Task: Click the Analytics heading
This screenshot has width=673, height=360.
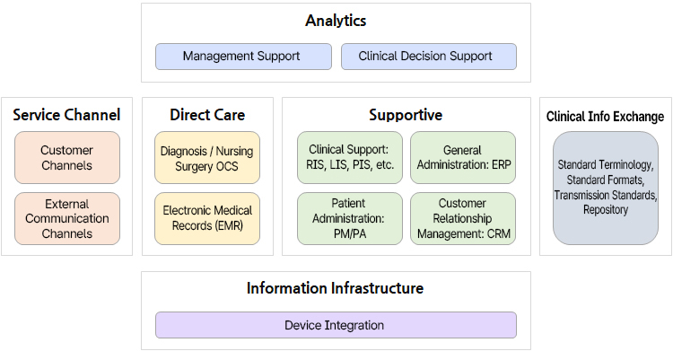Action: point(336,21)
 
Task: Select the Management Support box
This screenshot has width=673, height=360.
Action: point(243,57)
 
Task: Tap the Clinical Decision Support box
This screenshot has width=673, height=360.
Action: point(429,57)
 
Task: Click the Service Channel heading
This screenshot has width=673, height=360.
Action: point(66,115)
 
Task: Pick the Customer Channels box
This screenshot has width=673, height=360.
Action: point(67,158)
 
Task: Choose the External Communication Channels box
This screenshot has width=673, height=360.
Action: point(67,219)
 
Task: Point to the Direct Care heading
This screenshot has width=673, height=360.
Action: point(207,115)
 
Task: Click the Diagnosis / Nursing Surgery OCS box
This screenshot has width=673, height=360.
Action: point(207,158)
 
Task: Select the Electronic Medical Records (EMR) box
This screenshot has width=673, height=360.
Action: point(207,219)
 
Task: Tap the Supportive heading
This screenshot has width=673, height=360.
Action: point(406,115)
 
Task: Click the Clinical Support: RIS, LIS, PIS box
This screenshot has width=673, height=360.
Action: point(350,158)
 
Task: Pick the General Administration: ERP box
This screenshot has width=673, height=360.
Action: point(463,158)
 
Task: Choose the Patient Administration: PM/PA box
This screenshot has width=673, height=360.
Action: point(350,219)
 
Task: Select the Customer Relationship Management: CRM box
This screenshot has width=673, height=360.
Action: point(463,219)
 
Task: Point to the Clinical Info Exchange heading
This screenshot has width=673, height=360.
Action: point(605,117)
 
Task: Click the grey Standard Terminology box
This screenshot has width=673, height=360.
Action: point(605,189)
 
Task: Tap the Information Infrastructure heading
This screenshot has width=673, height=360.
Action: point(335,288)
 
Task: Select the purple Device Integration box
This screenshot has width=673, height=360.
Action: point(336,325)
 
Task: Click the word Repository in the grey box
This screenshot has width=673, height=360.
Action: point(605,210)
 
